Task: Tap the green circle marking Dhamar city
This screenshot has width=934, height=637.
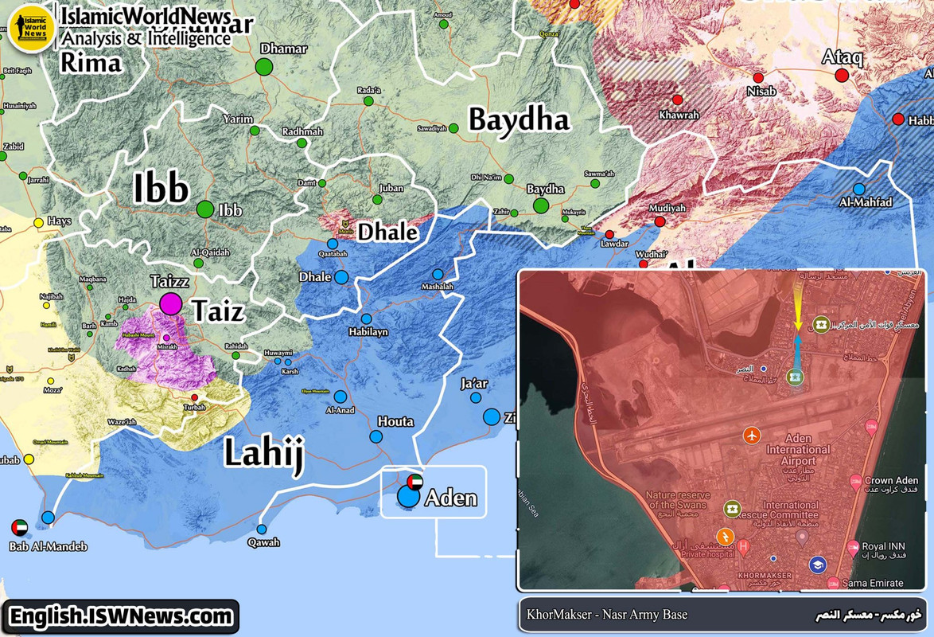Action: (264, 67)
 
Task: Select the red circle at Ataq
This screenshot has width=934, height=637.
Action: (842, 76)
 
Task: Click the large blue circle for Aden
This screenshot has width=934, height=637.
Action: (408, 497)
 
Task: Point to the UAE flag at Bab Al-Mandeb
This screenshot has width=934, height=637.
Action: (20, 527)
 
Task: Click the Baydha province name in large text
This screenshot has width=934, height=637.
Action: (519, 119)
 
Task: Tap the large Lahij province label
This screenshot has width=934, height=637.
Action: (263, 452)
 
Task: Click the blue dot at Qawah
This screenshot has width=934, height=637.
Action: (261, 529)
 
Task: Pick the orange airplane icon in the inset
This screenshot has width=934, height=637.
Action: (751, 435)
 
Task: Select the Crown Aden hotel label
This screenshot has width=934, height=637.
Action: (889, 481)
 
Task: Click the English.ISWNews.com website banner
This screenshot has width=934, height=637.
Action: (120, 616)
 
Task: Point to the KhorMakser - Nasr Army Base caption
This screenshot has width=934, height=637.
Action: (607, 615)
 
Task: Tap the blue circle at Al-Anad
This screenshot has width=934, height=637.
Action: (341, 397)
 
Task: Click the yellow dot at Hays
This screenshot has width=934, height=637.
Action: (38, 222)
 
